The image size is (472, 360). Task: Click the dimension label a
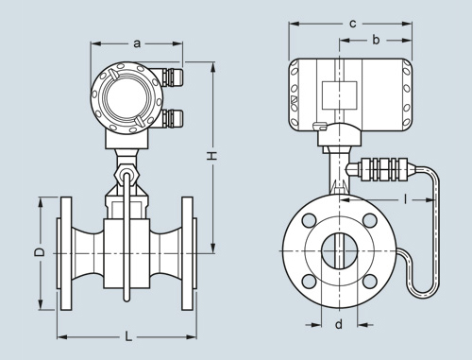point(137,43)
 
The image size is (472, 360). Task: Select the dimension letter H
point(212,156)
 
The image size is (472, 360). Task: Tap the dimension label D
point(40,252)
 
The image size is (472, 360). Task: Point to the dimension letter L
point(127,336)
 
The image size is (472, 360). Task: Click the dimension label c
point(353,24)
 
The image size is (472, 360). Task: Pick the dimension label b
point(376,40)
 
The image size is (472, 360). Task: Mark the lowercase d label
point(339,324)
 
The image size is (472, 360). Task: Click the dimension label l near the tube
point(406,198)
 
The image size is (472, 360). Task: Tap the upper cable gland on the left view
point(172,77)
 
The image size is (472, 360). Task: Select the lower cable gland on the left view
point(172,118)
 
